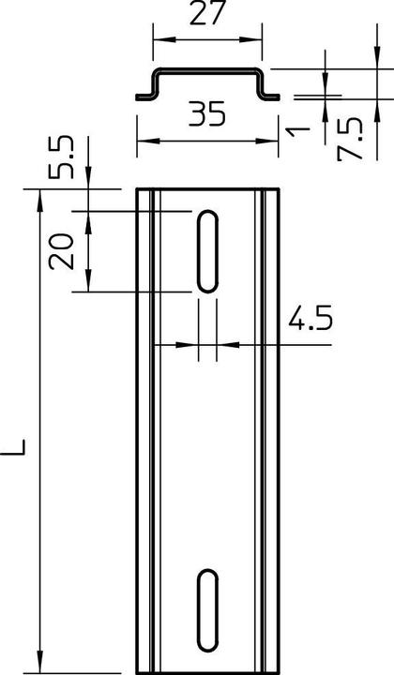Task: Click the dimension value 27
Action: click(207, 13)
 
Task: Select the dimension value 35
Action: click(207, 113)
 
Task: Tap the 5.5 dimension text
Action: click(62, 157)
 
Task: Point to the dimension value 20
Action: click(62, 251)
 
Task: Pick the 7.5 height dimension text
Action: click(350, 140)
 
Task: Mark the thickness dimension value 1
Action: click(298, 131)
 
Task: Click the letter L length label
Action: click(13, 447)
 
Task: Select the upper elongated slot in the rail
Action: click(207, 251)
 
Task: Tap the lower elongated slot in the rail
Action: click(207, 610)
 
